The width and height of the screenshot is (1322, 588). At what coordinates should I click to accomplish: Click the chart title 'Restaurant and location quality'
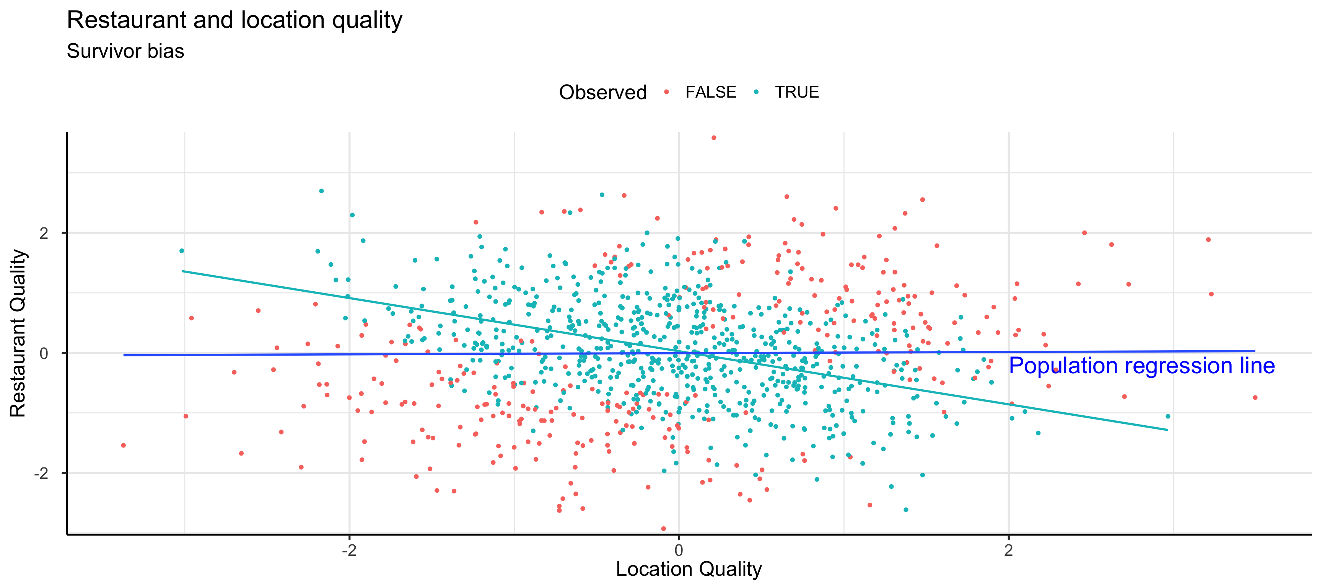[x=234, y=21]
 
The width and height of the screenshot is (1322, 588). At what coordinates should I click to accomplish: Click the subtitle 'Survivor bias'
[x=125, y=51]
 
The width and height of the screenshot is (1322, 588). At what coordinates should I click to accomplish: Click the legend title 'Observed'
[x=602, y=92]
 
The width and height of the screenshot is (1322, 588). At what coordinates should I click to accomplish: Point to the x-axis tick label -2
[x=349, y=550]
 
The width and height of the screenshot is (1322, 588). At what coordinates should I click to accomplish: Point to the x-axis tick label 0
[x=679, y=550]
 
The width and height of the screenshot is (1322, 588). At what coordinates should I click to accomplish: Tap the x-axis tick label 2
[x=1008, y=550]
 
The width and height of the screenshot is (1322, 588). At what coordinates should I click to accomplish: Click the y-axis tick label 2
[x=44, y=233]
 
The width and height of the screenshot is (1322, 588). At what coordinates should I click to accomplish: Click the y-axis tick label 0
[x=44, y=353]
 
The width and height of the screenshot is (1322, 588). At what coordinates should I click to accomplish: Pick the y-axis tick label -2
[x=41, y=473]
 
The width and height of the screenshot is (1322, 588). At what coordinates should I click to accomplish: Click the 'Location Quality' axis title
[x=689, y=569]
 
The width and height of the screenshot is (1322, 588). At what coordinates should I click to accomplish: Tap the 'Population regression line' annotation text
[x=1141, y=366]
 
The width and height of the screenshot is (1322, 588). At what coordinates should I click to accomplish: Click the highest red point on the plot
[x=713, y=138]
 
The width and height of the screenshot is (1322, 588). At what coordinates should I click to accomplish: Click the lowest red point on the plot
[x=663, y=528]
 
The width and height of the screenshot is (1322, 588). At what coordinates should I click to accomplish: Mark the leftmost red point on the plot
[x=123, y=445]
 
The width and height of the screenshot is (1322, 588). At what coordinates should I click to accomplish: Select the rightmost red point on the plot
[x=1255, y=397]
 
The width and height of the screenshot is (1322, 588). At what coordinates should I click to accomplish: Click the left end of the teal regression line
[x=183, y=271]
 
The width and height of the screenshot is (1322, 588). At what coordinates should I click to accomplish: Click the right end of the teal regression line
[x=1167, y=430]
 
